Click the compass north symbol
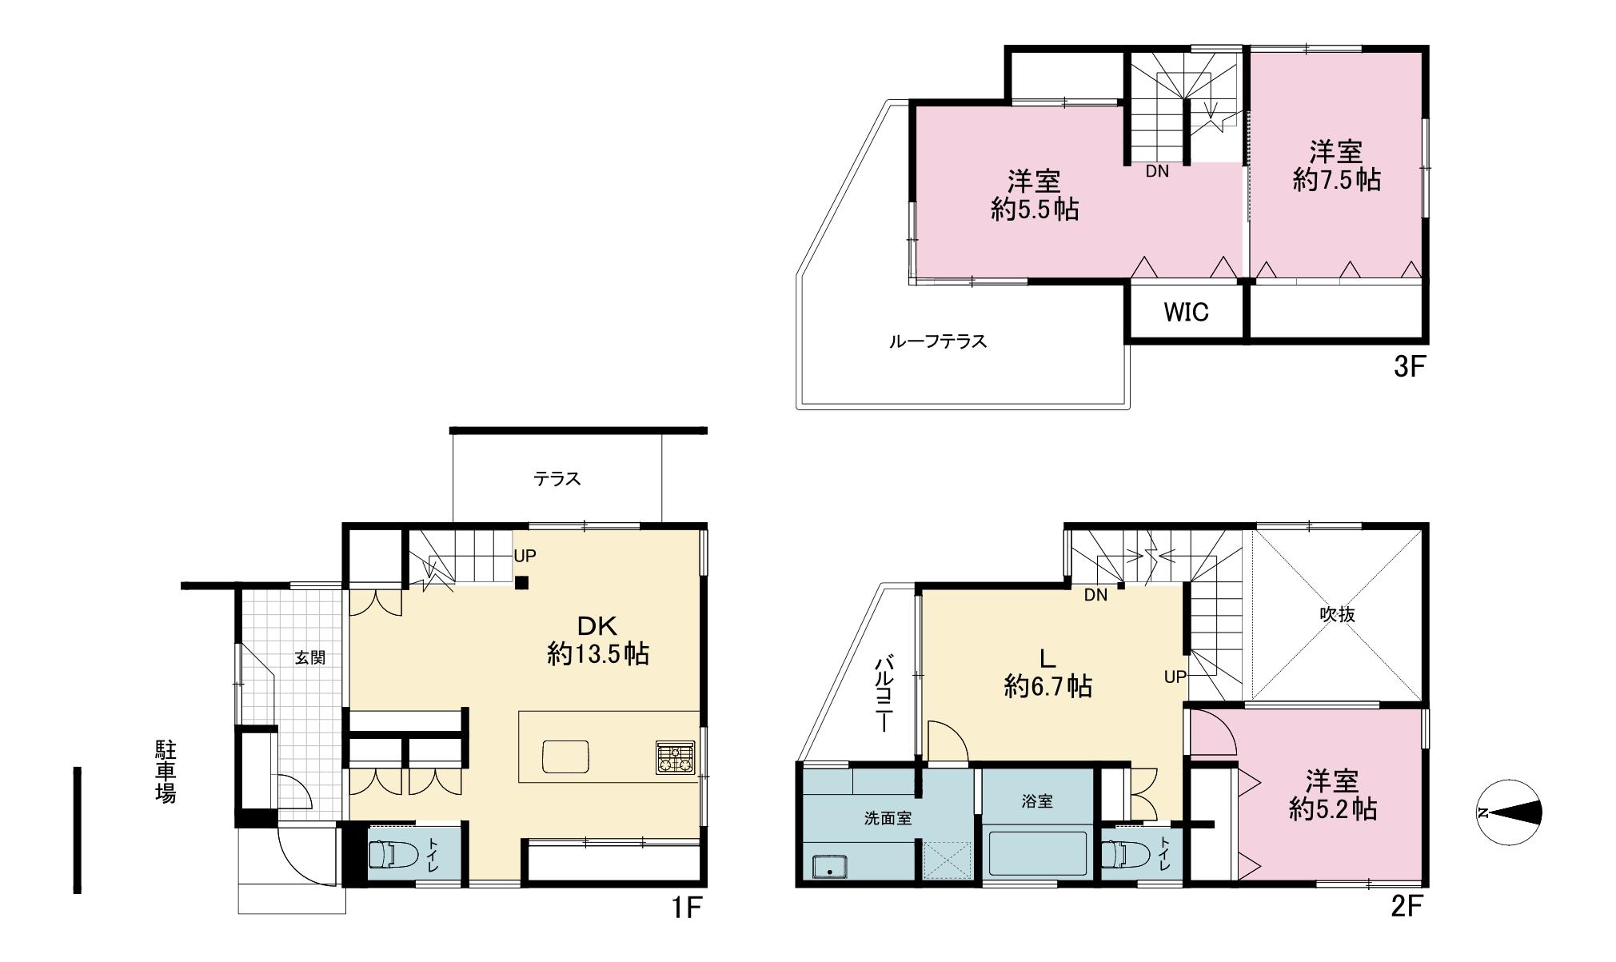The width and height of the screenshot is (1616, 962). (1509, 812)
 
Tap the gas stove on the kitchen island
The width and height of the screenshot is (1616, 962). (676, 757)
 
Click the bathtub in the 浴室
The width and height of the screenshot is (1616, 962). (1037, 854)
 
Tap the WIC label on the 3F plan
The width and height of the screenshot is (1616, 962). (1186, 313)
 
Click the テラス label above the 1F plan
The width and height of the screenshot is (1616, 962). (557, 479)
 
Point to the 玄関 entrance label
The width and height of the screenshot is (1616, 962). (310, 658)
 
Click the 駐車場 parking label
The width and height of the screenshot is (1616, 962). (166, 772)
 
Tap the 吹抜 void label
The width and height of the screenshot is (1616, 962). (1337, 615)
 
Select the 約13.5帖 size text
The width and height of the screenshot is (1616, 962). (598, 654)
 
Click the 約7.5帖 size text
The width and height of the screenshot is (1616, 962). (1337, 179)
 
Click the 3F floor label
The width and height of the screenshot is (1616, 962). (1409, 367)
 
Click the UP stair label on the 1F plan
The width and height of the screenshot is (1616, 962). (525, 556)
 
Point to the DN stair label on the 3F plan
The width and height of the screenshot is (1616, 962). (1157, 171)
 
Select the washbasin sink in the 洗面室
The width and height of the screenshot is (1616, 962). (830, 867)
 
